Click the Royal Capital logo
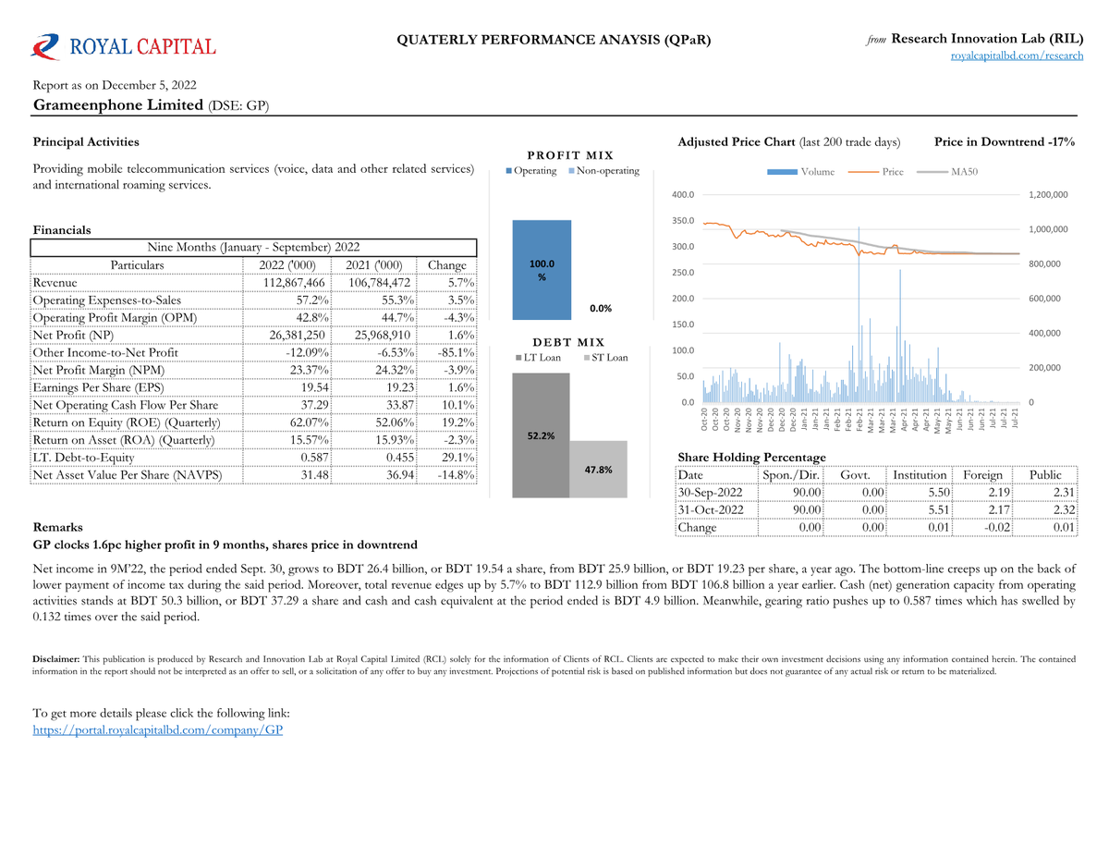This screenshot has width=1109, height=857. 124,47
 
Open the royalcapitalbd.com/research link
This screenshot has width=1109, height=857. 1016,55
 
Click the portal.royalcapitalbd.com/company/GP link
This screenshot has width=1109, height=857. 158,729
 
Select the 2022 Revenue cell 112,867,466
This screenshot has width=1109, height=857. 294,283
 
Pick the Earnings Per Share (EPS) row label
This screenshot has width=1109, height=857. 99,387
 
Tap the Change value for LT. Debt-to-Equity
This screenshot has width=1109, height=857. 457,458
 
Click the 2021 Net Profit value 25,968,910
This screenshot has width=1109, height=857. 383,336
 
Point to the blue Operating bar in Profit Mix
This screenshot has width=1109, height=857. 542,270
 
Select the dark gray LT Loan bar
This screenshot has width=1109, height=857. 541,435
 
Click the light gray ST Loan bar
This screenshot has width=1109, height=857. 598,469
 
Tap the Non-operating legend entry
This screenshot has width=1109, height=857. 603,170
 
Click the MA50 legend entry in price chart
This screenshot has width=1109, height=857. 947,172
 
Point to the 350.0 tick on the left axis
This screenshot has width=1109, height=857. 683,221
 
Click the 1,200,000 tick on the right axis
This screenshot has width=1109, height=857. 1048,194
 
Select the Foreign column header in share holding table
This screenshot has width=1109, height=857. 982,475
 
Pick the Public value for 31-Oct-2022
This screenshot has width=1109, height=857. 1064,510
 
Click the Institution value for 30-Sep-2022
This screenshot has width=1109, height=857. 939,493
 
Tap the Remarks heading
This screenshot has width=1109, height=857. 57,527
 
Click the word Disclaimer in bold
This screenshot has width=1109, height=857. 55,659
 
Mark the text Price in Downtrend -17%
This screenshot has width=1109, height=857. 1005,141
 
